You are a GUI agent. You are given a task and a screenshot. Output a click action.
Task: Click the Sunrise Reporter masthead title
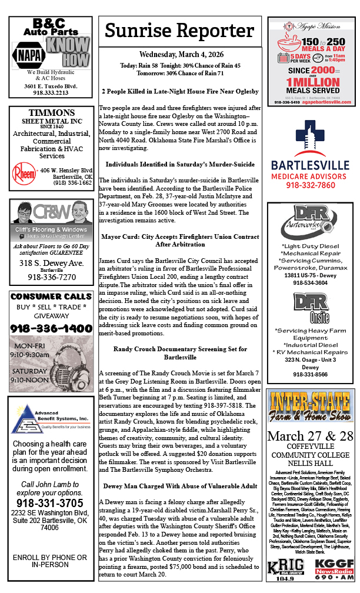[x=179, y=31]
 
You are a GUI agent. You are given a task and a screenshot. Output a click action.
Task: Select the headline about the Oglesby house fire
[x=180, y=91]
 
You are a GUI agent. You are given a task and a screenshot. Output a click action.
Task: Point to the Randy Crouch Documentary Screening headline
[x=180, y=353]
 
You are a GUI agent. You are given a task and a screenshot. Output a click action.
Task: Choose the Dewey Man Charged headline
[x=180, y=486]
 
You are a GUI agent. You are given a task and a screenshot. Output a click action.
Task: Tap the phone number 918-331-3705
[x=51, y=504]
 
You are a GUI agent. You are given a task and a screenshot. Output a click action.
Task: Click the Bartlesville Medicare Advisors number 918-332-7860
[x=309, y=185]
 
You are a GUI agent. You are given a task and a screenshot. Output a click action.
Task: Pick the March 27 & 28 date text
[x=309, y=437]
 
